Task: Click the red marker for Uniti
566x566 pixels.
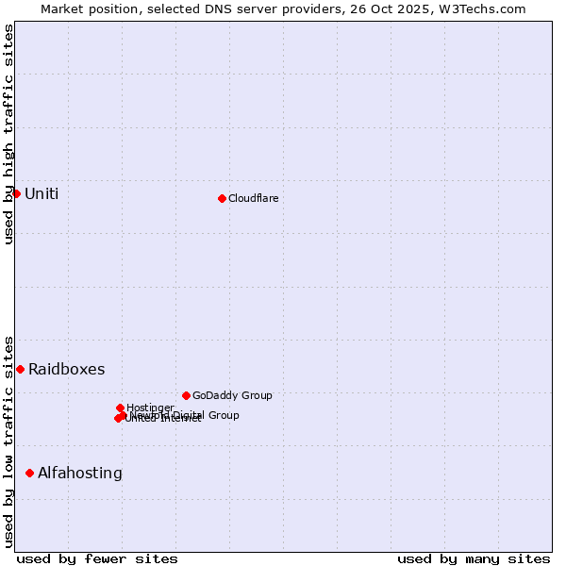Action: tap(16, 193)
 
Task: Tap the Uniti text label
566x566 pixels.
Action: tap(42, 194)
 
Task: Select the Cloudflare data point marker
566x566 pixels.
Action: tap(222, 198)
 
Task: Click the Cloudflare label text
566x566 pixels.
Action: tap(253, 198)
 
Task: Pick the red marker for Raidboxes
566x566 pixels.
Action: tap(20, 369)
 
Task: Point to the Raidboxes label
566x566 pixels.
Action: tap(66, 370)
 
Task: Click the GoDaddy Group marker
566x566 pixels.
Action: tap(186, 395)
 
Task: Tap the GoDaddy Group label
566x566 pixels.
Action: tap(232, 395)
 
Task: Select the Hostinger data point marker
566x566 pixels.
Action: tap(120, 408)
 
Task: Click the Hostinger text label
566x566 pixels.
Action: tap(150, 408)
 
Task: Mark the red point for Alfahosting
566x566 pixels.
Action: tap(29, 473)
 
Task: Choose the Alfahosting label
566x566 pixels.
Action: tap(80, 474)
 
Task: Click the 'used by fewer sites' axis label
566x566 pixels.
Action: tap(97, 558)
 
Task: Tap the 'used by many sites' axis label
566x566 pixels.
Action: tap(474, 558)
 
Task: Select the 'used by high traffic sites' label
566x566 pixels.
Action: tap(8, 134)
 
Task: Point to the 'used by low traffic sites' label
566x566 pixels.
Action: tap(8, 441)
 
